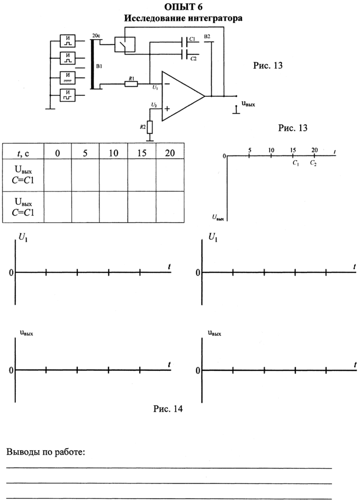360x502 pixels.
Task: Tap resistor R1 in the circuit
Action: pos(131,83)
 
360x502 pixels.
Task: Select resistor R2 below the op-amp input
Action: pos(150,127)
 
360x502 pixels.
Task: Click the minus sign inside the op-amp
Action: pos(168,84)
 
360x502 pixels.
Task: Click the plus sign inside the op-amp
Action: pos(168,109)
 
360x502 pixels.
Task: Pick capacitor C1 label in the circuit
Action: pos(192,40)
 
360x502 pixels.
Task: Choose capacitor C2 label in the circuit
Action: pos(193,58)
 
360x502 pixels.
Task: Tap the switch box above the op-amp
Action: pos(124,45)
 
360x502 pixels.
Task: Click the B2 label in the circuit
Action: pos(207,36)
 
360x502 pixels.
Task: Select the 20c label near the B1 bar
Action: pos(96,35)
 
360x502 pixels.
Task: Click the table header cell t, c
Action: pos(23,153)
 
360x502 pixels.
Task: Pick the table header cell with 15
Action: pos(142,153)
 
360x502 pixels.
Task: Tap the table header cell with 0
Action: pos(57,153)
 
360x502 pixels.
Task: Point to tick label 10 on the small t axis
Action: pos(271,150)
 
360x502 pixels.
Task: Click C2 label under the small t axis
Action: pos(314,163)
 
